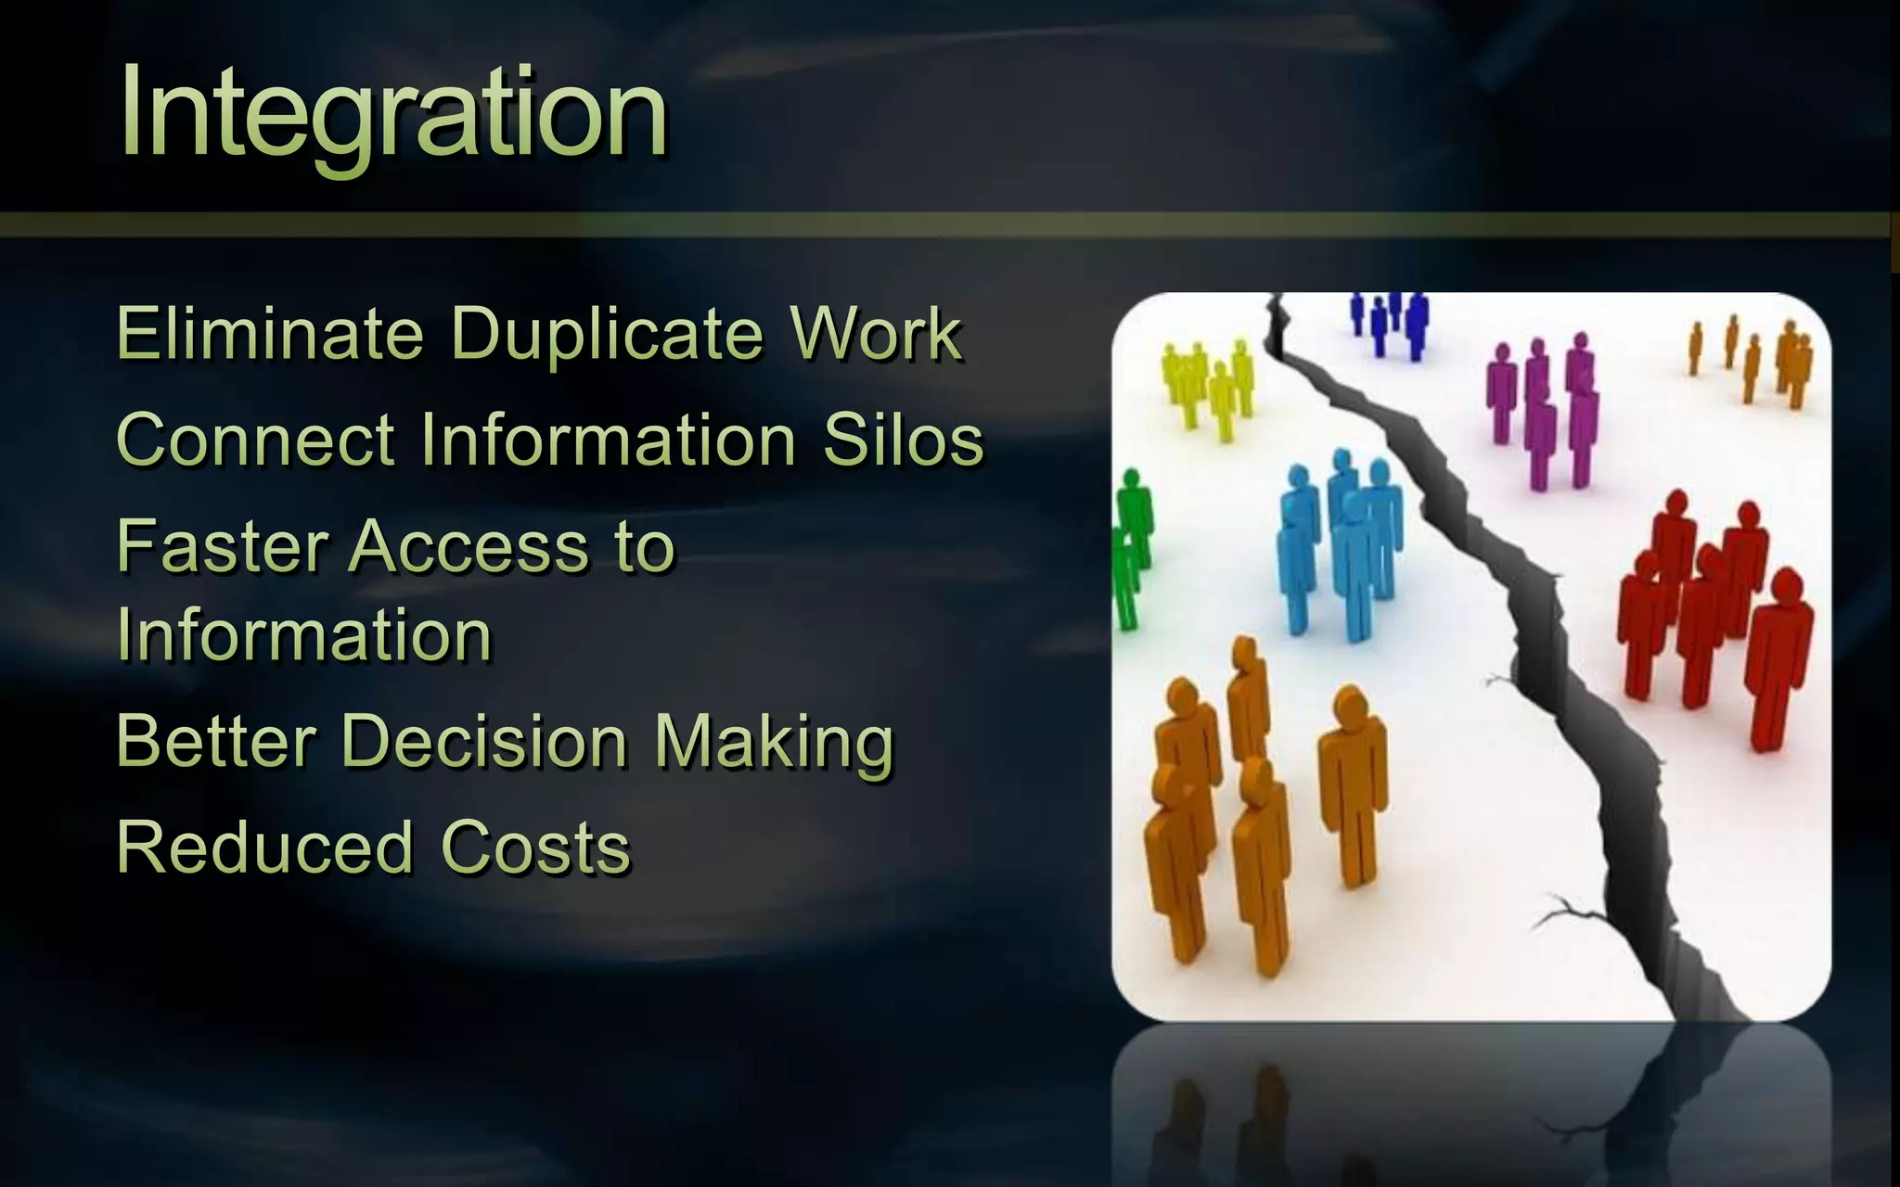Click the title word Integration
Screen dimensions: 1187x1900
(x=393, y=113)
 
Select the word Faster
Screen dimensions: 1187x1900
(x=223, y=546)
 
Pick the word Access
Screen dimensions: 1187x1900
(x=469, y=546)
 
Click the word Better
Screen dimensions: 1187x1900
(x=217, y=741)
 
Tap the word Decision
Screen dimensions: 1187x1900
(x=485, y=741)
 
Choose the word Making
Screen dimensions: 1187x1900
(x=774, y=741)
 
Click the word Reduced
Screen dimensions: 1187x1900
(x=264, y=848)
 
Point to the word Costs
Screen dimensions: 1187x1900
(x=535, y=848)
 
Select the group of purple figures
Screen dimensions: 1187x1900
(x=1542, y=408)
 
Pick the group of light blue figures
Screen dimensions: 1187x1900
(x=1340, y=547)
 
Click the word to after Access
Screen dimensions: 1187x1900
(x=644, y=546)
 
